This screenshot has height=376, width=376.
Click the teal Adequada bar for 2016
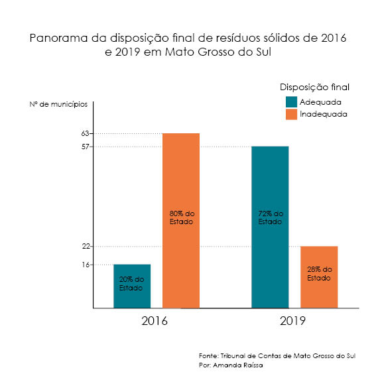click(132, 286)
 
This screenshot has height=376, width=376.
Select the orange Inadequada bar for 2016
click(181, 221)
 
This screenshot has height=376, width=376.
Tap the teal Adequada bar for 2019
click(270, 227)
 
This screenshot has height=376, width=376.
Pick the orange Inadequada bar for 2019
click(319, 277)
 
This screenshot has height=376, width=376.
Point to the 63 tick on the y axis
click(85, 133)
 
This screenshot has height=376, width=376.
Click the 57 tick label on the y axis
click(85, 147)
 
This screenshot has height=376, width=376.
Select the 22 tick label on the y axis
click(86, 246)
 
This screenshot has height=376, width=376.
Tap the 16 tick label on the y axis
click(86, 265)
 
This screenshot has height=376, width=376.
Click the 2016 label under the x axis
click(155, 321)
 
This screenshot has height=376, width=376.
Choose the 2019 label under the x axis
click(292, 321)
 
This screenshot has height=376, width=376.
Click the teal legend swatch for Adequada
click(291, 102)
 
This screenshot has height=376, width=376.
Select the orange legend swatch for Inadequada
click(291, 114)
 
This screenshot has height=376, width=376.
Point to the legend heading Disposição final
click(314, 88)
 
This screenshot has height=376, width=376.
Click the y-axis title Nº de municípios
click(58, 105)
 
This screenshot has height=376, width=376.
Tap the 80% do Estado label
click(182, 218)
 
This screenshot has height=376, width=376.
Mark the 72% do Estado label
click(271, 218)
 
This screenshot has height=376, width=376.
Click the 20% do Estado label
click(131, 283)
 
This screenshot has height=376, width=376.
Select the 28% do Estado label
click(320, 274)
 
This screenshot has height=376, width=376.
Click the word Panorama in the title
click(58, 38)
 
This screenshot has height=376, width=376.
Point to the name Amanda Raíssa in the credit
click(238, 365)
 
